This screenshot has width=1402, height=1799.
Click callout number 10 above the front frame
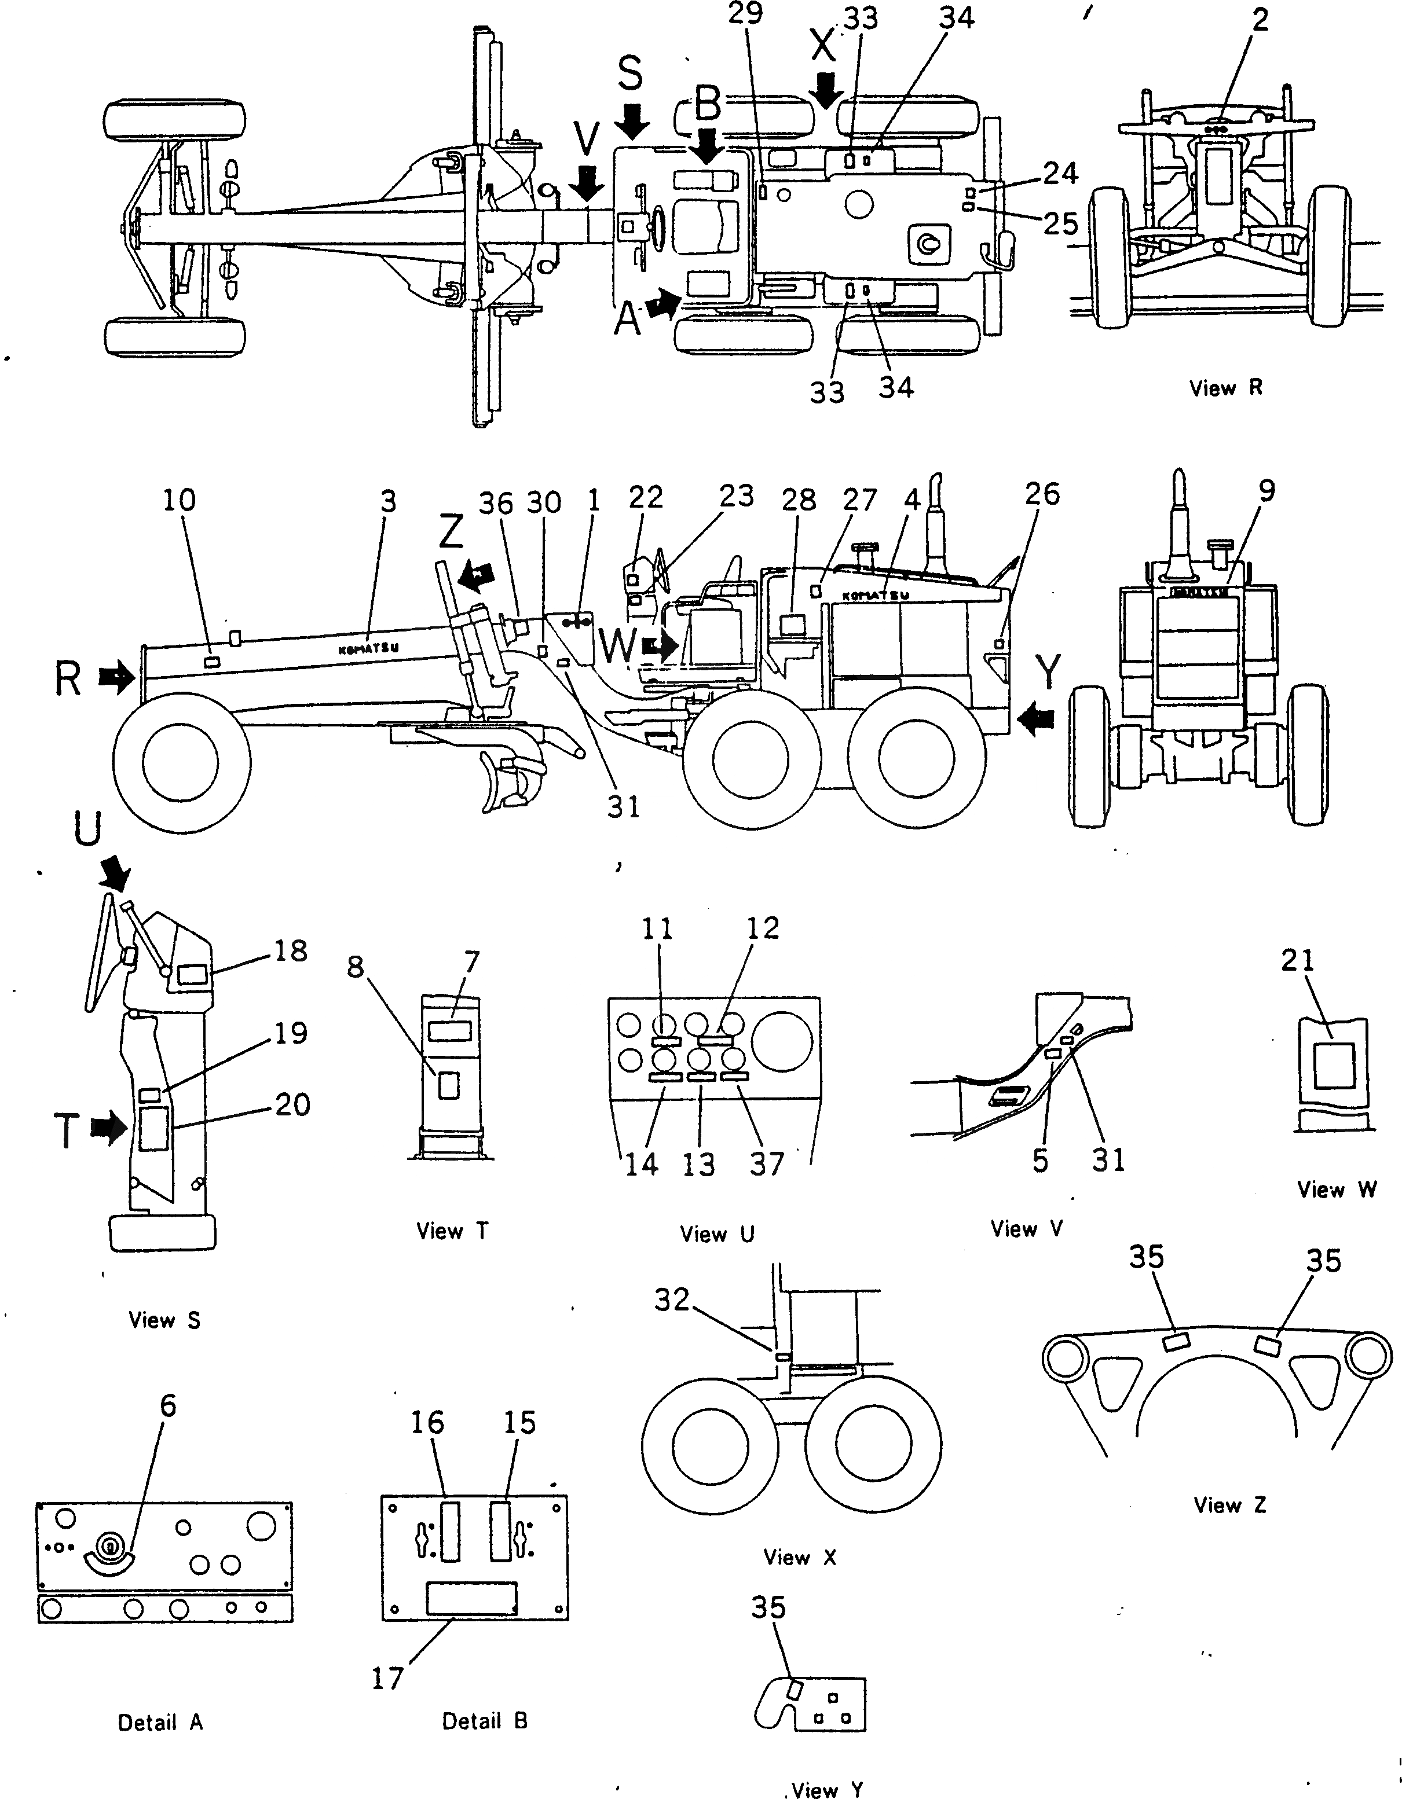tap(179, 500)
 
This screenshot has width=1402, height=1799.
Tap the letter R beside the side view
tap(68, 679)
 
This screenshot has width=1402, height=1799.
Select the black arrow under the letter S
tap(632, 122)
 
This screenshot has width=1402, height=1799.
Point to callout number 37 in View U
tap(766, 1164)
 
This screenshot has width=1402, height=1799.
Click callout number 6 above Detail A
tap(167, 1405)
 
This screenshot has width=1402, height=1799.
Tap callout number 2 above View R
tap(1260, 20)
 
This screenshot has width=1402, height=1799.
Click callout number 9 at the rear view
tap(1267, 491)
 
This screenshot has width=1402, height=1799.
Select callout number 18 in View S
tap(290, 950)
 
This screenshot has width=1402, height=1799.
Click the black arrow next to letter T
tap(108, 1129)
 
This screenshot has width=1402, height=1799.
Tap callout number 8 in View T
tap(355, 967)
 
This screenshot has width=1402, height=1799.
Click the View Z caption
tap(1229, 1505)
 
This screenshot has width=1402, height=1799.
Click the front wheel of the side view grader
tap(181, 762)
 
